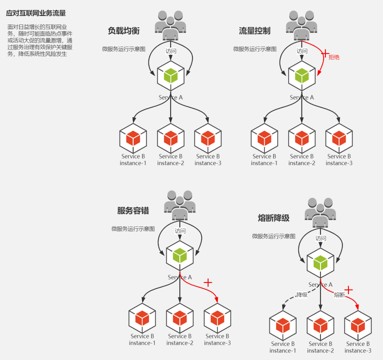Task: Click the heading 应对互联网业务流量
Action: tap(36, 13)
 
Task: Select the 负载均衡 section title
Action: tap(124, 31)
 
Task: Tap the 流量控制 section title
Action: tap(255, 31)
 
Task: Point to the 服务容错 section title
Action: tap(133, 211)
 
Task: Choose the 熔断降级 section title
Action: tap(274, 218)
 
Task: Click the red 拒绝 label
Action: tap(334, 57)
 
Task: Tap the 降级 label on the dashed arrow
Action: tap(302, 295)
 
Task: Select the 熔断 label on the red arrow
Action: tap(339, 295)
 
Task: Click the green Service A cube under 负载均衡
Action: tap(171, 76)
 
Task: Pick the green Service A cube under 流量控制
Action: tap(302, 76)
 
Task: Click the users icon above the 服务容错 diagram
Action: tap(180, 205)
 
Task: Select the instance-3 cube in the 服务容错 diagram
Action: tap(217, 318)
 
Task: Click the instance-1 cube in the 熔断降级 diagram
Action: tap(283, 325)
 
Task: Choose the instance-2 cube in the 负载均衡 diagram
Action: tap(171, 138)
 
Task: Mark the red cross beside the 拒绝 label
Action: tap(325, 53)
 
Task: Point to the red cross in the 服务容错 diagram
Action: tap(208, 282)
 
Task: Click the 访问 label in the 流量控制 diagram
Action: tap(302, 51)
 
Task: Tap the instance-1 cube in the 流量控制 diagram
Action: tap(264, 138)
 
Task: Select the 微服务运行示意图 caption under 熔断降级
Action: tap(274, 236)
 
